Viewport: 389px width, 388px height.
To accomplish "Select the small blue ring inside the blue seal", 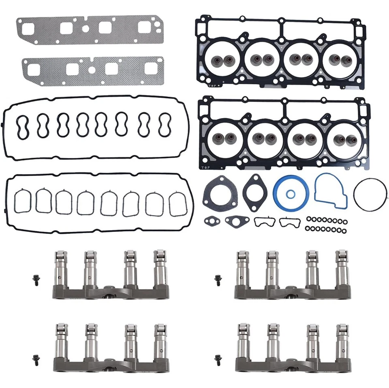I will tap(291, 194).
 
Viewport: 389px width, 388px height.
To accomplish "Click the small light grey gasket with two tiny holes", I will tap(212, 221).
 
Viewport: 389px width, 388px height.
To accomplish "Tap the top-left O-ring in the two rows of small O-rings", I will tap(309, 219).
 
